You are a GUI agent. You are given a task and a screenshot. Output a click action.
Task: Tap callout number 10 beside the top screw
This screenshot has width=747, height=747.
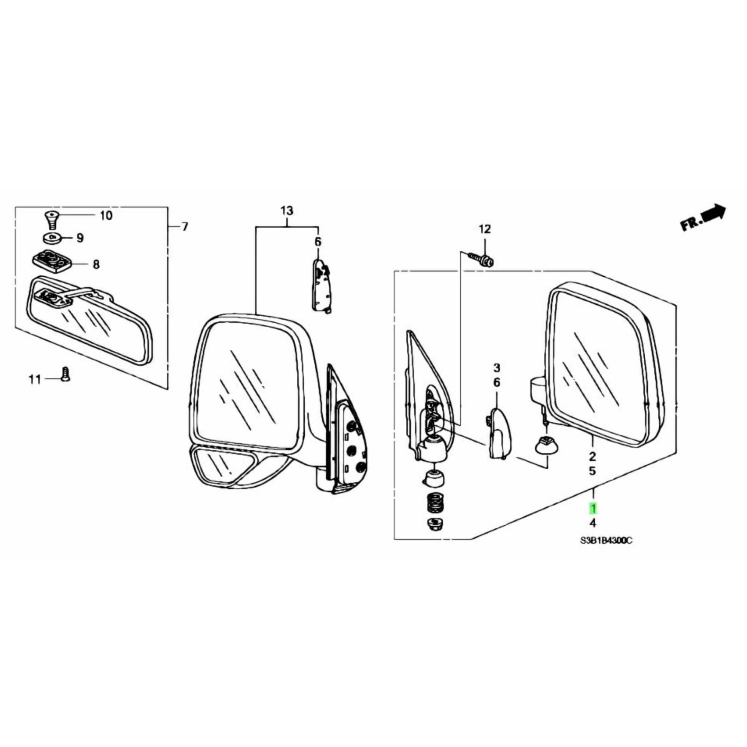106,215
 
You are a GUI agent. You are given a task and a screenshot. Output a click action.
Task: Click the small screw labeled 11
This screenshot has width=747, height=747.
65,374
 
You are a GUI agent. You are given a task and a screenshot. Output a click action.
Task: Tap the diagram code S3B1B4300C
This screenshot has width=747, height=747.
606,541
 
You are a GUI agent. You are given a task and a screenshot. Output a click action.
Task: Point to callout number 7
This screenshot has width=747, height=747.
185,227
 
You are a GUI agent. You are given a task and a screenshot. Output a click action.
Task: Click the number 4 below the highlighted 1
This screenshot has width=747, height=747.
593,523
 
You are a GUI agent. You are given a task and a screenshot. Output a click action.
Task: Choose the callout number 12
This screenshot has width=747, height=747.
485,229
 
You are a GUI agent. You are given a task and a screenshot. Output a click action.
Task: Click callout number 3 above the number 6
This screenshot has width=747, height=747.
497,367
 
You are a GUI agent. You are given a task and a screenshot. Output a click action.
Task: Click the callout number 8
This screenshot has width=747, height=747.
96,265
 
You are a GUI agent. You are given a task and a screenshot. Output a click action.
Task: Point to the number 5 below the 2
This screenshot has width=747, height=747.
592,471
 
